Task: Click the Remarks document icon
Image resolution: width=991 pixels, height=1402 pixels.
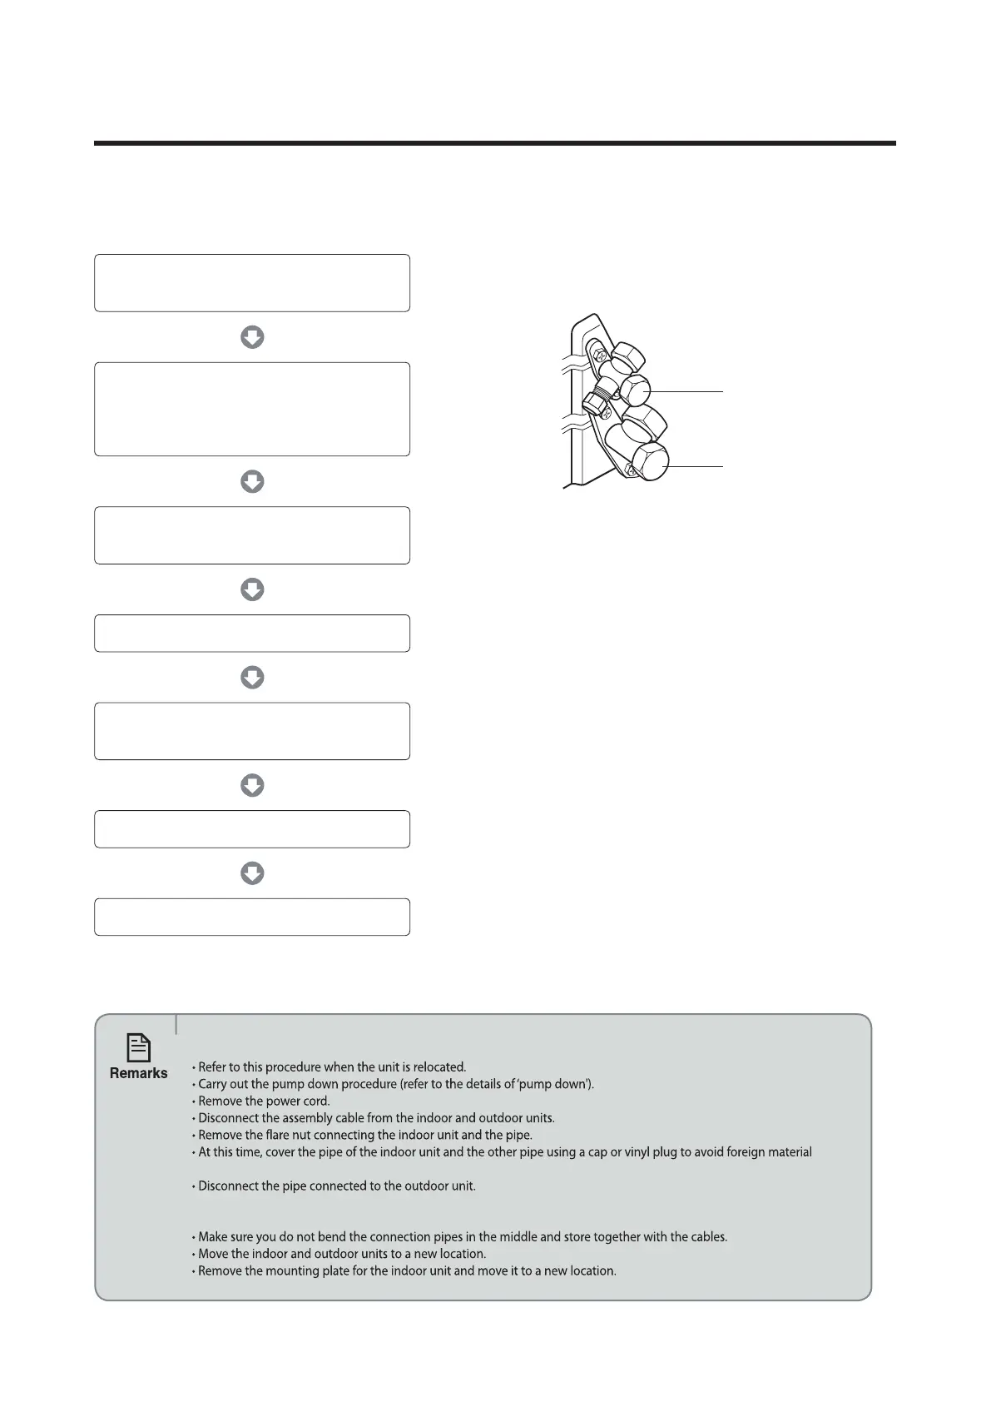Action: [x=138, y=1047]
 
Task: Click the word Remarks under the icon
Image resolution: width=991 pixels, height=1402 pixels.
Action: [x=138, y=1073]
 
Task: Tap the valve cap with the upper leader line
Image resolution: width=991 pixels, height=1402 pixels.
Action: [x=636, y=390]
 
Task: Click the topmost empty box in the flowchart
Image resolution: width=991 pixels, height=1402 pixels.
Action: [x=252, y=283]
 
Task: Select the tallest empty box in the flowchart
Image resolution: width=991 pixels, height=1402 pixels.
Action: [x=252, y=409]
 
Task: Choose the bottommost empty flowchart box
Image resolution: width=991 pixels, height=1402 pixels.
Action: [x=252, y=917]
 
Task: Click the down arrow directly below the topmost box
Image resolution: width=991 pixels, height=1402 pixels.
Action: [x=252, y=337]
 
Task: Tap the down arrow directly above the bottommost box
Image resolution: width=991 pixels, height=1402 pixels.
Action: [x=252, y=873]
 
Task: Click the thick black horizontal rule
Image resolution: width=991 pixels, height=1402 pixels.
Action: [x=494, y=143]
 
